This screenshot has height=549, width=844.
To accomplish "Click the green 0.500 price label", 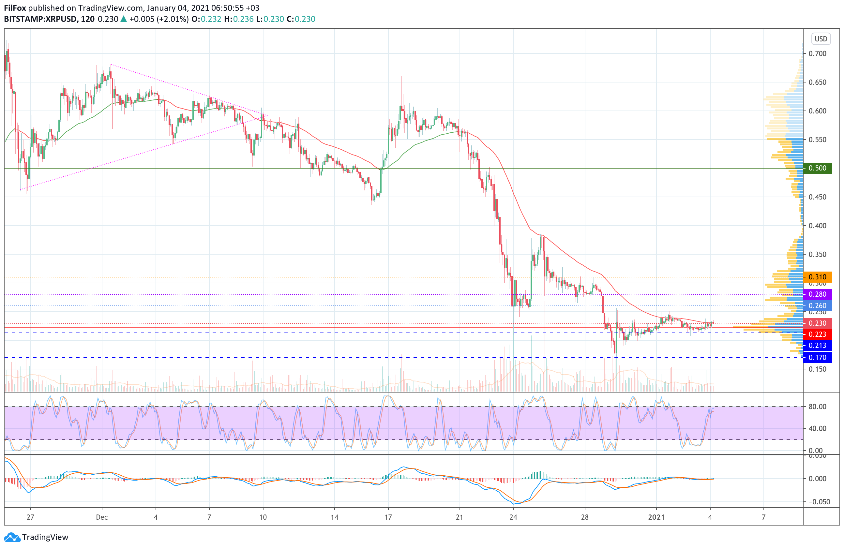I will [817, 168].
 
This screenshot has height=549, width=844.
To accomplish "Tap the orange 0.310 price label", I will [817, 277].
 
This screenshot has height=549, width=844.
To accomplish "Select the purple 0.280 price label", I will [817, 294].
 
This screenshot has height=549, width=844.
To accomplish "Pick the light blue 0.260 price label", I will [817, 305].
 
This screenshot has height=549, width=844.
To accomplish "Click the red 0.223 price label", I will [817, 334].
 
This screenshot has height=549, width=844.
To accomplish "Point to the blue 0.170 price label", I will [817, 357].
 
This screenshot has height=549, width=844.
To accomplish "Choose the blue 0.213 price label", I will [817, 345].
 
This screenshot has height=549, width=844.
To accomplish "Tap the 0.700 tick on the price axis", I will [817, 53].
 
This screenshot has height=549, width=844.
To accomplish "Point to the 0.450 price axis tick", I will [817, 197].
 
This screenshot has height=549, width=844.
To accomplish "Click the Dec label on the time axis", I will [102, 517].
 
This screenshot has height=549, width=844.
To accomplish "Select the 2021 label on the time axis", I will [656, 517].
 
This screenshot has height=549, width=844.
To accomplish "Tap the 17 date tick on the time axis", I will [388, 517].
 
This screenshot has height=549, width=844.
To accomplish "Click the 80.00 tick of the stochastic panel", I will [817, 407].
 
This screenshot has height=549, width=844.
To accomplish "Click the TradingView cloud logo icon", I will [12, 537].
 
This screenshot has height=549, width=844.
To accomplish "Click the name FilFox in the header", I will [15, 8].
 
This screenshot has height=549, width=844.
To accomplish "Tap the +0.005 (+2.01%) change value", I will [158, 19].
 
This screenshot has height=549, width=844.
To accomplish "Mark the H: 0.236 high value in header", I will [239, 19].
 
